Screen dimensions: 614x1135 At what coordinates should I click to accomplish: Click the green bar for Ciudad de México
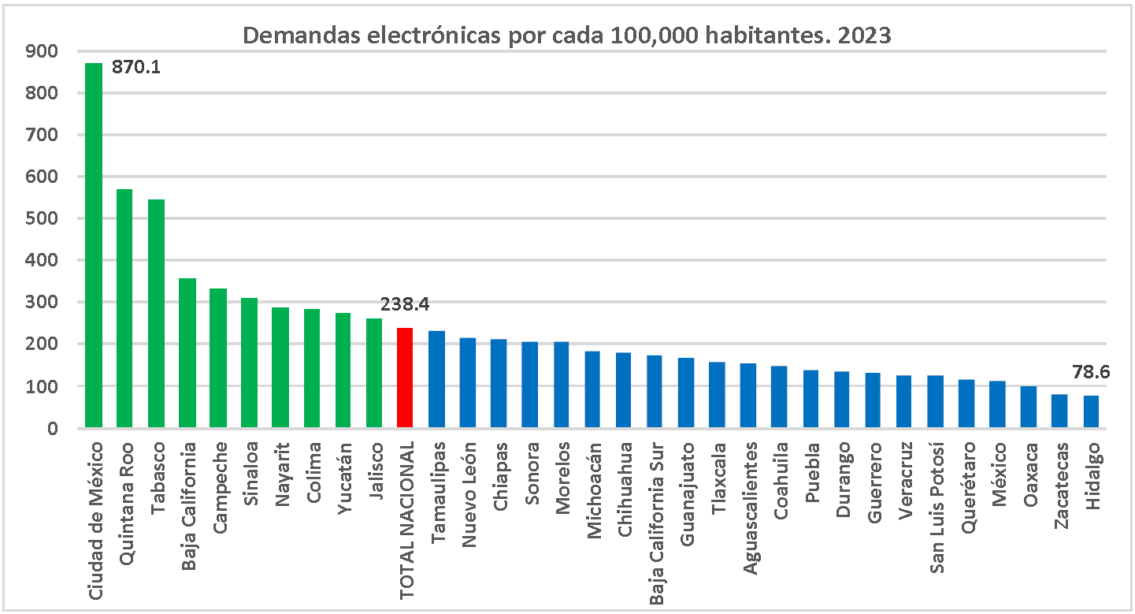point(94,244)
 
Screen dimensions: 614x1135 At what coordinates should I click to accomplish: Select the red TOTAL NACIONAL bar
point(405,378)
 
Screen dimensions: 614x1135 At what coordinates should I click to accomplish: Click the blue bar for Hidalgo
point(1091,412)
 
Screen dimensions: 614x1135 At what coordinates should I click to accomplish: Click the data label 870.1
point(136,68)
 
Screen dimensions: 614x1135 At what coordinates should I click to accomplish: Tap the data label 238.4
point(405,304)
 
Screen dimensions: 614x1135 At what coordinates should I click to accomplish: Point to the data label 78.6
point(1091,372)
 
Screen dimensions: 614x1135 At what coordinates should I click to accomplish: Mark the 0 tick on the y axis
point(52,429)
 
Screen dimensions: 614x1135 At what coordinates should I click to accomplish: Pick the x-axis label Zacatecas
point(1061,485)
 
